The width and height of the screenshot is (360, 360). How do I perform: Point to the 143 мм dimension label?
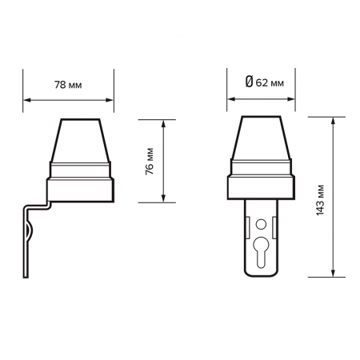[320, 196]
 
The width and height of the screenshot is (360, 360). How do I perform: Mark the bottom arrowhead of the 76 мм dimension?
[164, 199]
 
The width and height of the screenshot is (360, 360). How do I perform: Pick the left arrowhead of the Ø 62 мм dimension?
[231, 101]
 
